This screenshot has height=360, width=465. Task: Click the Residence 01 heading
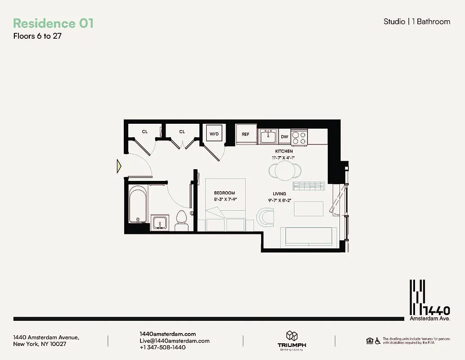(x=53, y=23)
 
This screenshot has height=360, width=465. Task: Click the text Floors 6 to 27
(x=37, y=36)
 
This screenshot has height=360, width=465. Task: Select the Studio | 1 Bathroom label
(x=416, y=21)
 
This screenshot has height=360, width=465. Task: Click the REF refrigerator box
(x=245, y=134)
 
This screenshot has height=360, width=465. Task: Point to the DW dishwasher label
(x=284, y=136)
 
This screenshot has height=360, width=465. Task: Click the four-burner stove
(x=299, y=137)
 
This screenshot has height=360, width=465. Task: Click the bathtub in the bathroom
(x=137, y=205)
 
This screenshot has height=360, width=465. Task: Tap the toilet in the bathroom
(x=181, y=220)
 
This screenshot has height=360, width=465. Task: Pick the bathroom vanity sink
(x=158, y=223)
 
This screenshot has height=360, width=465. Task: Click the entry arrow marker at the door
(x=119, y=166)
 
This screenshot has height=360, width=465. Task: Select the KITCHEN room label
(x=284, y=151)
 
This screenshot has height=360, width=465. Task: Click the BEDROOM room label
(x=225, y=193)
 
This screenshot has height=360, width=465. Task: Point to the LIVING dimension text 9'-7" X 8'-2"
(x=279, y=200)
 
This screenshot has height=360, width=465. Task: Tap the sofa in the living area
(x=307, y=237)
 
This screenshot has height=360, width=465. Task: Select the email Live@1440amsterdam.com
(x=175, y=341)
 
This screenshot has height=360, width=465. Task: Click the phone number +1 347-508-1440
(x=163, y=347)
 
